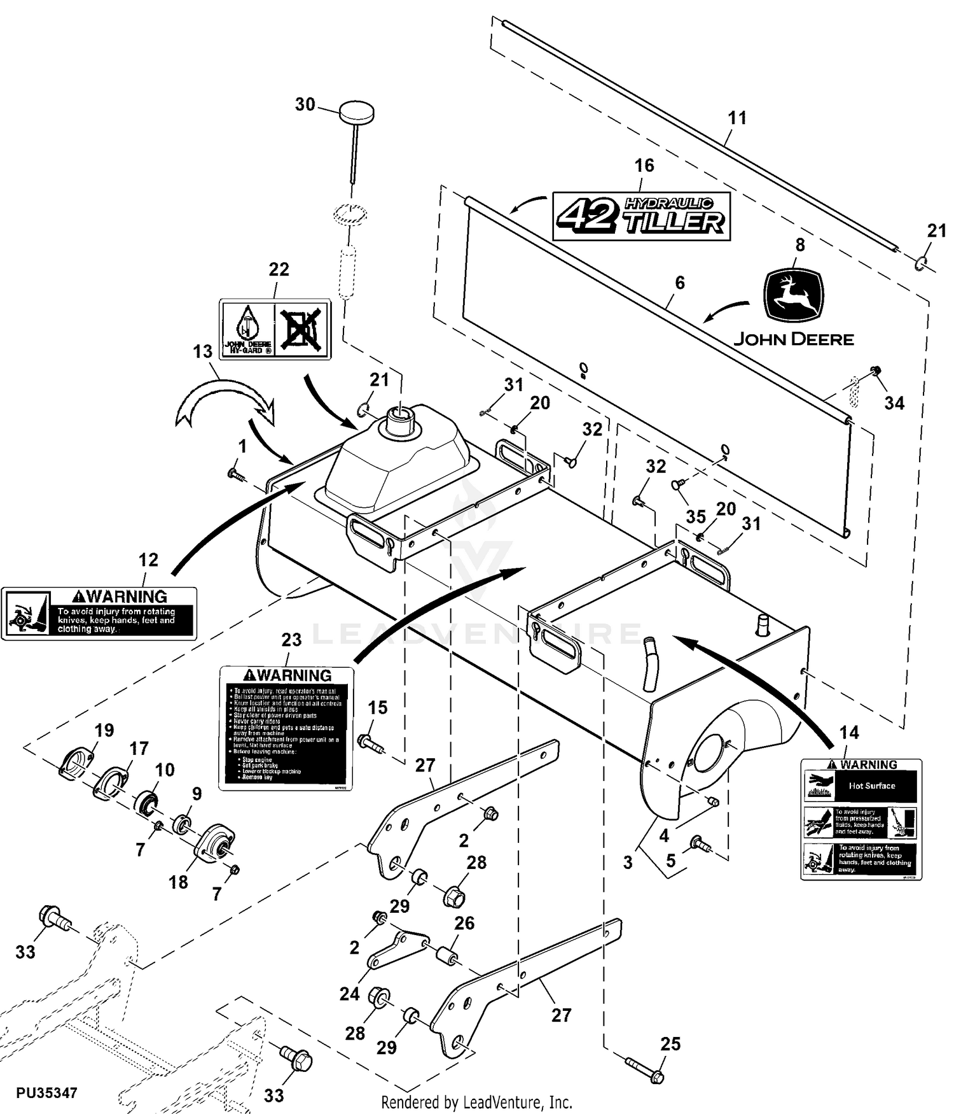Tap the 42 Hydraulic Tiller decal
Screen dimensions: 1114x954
coord(641,216)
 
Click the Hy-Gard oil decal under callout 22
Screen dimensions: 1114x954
coord(275,328)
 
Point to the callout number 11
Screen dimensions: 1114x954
coord(737,118)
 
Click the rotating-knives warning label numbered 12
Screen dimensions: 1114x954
coord(99,614)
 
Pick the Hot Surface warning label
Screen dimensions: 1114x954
coord(861,820)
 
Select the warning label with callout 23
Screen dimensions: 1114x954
coord(286,728)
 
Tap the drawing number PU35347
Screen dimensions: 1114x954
coord(46,1093)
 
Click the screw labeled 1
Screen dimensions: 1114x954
coord(235,474)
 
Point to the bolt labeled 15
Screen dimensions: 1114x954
coord(368,742)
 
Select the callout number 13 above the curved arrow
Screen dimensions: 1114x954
coord(203,351)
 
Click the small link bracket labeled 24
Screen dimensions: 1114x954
coord(398,948)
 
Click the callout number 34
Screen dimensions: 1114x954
coord(894,403)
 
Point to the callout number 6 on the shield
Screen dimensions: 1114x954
coord(680,283)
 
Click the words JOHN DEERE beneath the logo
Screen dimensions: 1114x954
coord(794,339)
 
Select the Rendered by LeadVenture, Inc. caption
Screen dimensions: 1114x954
coord(476,1102)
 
